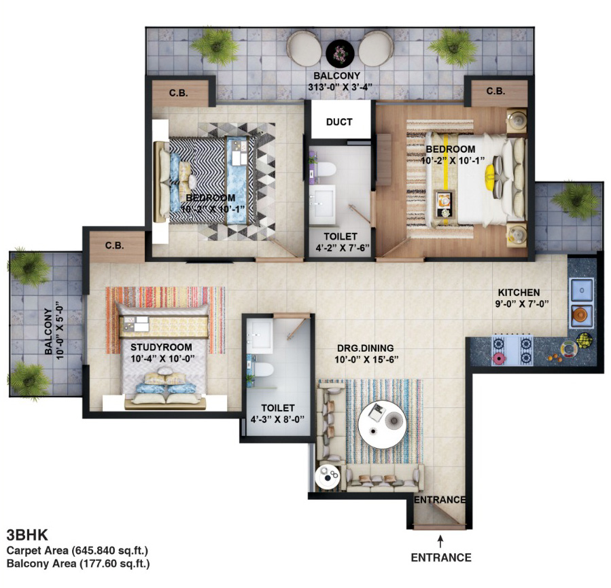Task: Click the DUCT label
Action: (339, 122)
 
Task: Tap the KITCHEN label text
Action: (519, 293)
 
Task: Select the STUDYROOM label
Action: (161, 347)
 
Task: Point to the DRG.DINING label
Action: (365, 348)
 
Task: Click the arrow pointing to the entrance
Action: (440, 542)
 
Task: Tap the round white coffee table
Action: (382, 424)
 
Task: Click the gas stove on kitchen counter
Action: (512, 349)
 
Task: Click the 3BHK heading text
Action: (27, 535)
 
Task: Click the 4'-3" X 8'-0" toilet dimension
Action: (277, 420)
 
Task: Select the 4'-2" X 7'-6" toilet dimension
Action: (343, 248)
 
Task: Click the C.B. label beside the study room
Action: (114, 246)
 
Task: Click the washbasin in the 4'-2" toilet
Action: (322, 204)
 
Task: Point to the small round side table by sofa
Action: (328, 477)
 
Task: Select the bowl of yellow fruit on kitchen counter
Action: (583, 340)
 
